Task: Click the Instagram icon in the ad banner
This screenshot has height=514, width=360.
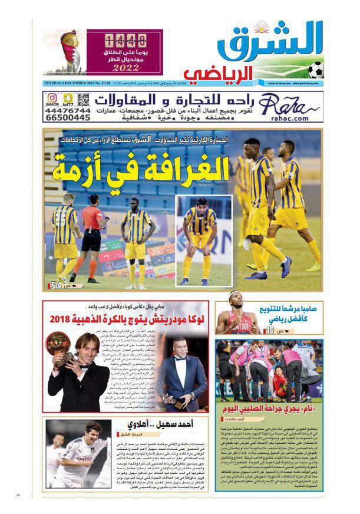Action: pos(52,97)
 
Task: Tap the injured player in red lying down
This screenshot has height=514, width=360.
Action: pos(278,382)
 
